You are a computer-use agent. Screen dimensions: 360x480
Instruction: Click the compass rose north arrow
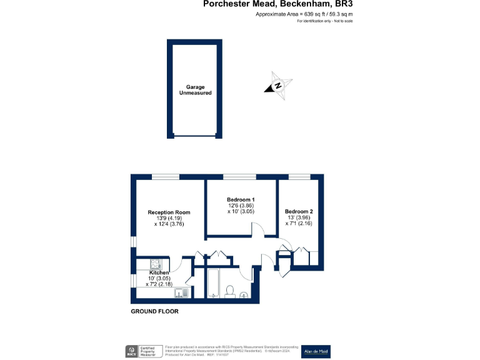[x=279, y=87]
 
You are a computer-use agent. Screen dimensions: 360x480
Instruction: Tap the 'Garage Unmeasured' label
[x=195, y=89]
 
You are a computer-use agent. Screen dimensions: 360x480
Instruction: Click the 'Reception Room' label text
[x=169, y=212]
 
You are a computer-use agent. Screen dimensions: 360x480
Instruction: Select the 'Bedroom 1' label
[x=241, y=199]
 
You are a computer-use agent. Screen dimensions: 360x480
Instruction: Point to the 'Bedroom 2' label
[x=299, y=211]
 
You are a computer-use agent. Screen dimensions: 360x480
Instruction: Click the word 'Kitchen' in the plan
[x=159, y=273]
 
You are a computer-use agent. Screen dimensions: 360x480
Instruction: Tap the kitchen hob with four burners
[x=157, y=264]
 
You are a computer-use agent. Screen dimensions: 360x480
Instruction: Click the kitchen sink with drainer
[x=182, y=292]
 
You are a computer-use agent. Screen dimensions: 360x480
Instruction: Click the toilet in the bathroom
[x=230, y=291]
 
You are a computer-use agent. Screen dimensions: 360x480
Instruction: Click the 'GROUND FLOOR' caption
[x=154, y=311]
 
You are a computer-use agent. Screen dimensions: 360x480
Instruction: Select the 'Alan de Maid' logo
[x=316, y=351]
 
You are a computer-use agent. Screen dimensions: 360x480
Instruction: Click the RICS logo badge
[x=132, y=351]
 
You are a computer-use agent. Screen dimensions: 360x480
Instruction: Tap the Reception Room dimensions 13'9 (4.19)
[x=166, y=219]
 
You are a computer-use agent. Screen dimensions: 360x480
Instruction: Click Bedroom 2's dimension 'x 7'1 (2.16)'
[x=299, y=223]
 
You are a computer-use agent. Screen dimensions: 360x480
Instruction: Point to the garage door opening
[x=194, y=136]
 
